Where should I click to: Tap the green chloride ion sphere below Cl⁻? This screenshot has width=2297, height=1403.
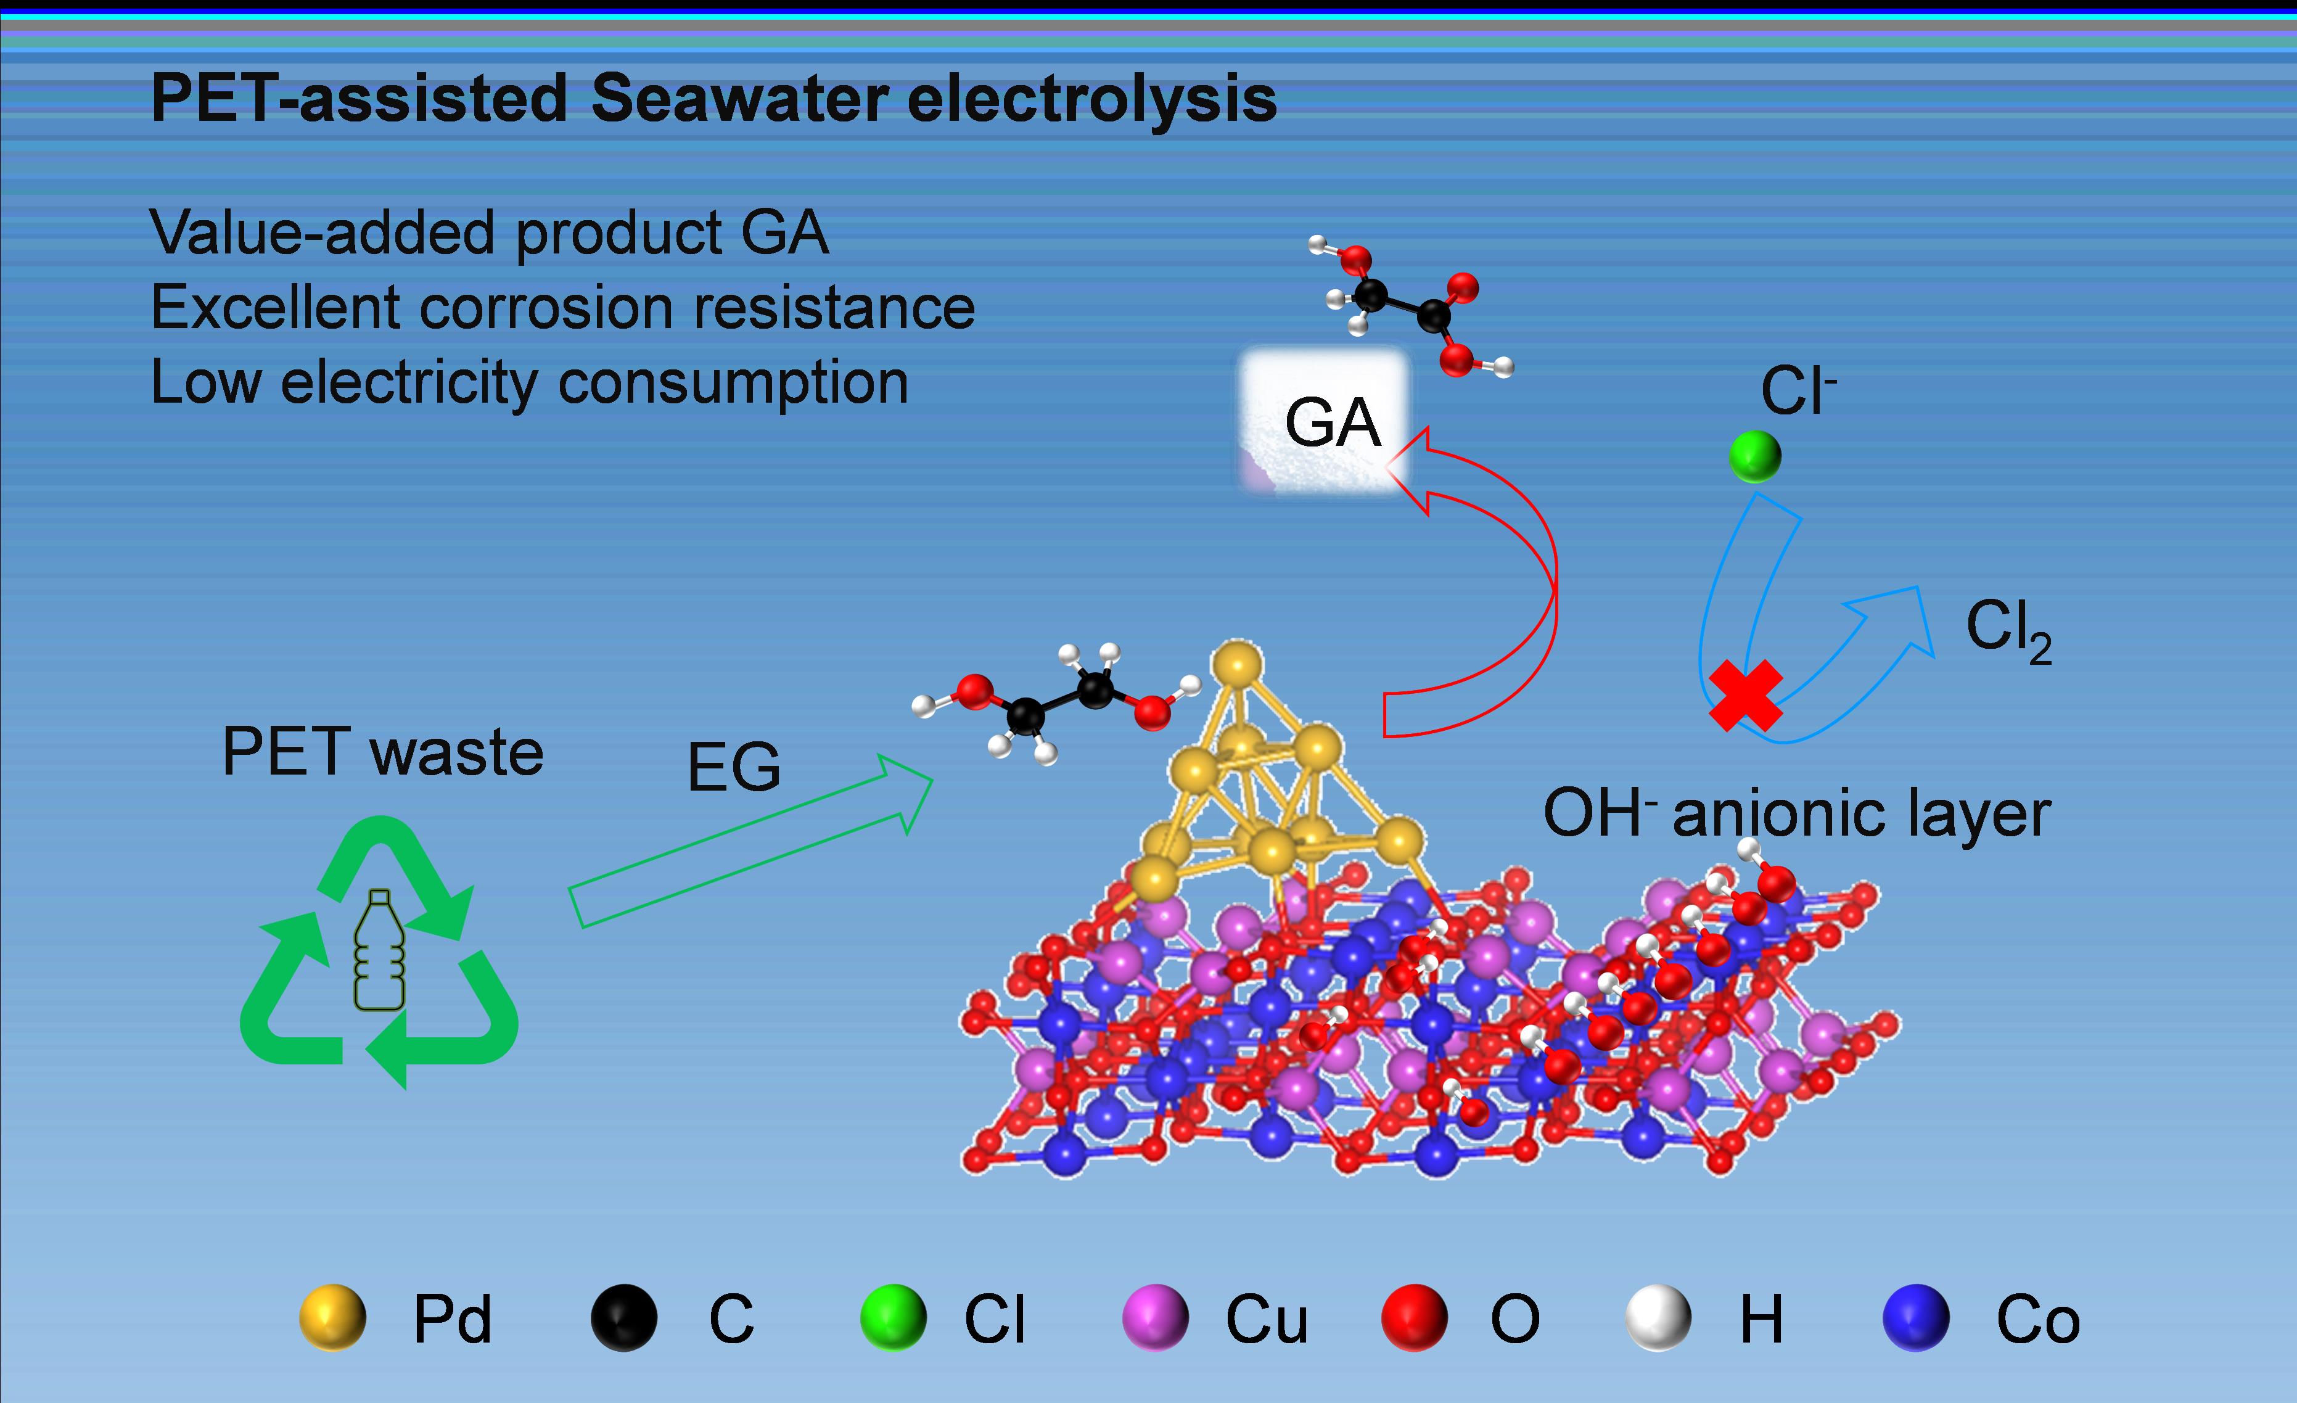click(x=1754, y=456)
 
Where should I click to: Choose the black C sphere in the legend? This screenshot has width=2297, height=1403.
click(x=623, y=1317)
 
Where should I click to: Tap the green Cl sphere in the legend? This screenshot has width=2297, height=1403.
click(x=893, y=1317)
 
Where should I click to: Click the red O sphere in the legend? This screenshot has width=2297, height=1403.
click(x=1414, y=1317)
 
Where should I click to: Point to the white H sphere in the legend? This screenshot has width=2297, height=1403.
click(x=1658, y=1317)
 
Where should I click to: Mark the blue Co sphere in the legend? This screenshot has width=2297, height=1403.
click(x=1916, y=1317)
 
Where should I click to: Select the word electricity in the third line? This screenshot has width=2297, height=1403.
click(x=409, y=382)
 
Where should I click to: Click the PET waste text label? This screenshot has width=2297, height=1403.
click(x=382, y=752)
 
